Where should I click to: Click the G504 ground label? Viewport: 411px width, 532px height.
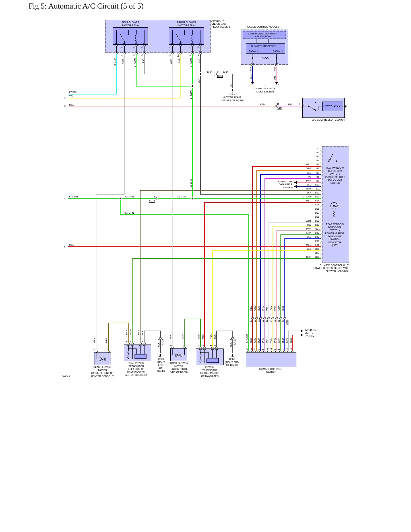232,94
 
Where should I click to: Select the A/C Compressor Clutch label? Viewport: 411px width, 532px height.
328,120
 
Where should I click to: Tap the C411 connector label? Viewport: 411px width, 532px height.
280,108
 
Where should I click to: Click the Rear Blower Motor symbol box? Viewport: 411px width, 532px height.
102,358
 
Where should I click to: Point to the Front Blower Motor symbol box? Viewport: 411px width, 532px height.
179,355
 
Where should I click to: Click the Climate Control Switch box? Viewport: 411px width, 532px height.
271,360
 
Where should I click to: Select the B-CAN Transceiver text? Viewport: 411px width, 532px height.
264,46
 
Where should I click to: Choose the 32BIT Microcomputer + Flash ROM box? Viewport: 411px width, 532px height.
264,35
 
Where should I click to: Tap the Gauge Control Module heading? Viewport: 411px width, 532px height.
263,27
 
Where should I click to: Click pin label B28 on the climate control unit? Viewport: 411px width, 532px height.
317,257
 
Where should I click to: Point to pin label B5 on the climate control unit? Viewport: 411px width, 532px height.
318,164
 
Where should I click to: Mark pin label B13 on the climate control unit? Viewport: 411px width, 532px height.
317,197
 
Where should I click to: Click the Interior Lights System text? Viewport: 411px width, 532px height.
310,333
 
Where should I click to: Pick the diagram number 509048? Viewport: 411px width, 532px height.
66,376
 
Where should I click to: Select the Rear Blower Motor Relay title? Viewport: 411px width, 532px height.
131,24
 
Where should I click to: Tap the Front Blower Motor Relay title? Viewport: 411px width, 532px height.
187,24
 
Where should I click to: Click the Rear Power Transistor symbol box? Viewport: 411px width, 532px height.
137,353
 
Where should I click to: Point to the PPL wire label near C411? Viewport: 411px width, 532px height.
290,104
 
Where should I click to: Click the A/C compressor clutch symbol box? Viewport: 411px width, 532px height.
323,108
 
